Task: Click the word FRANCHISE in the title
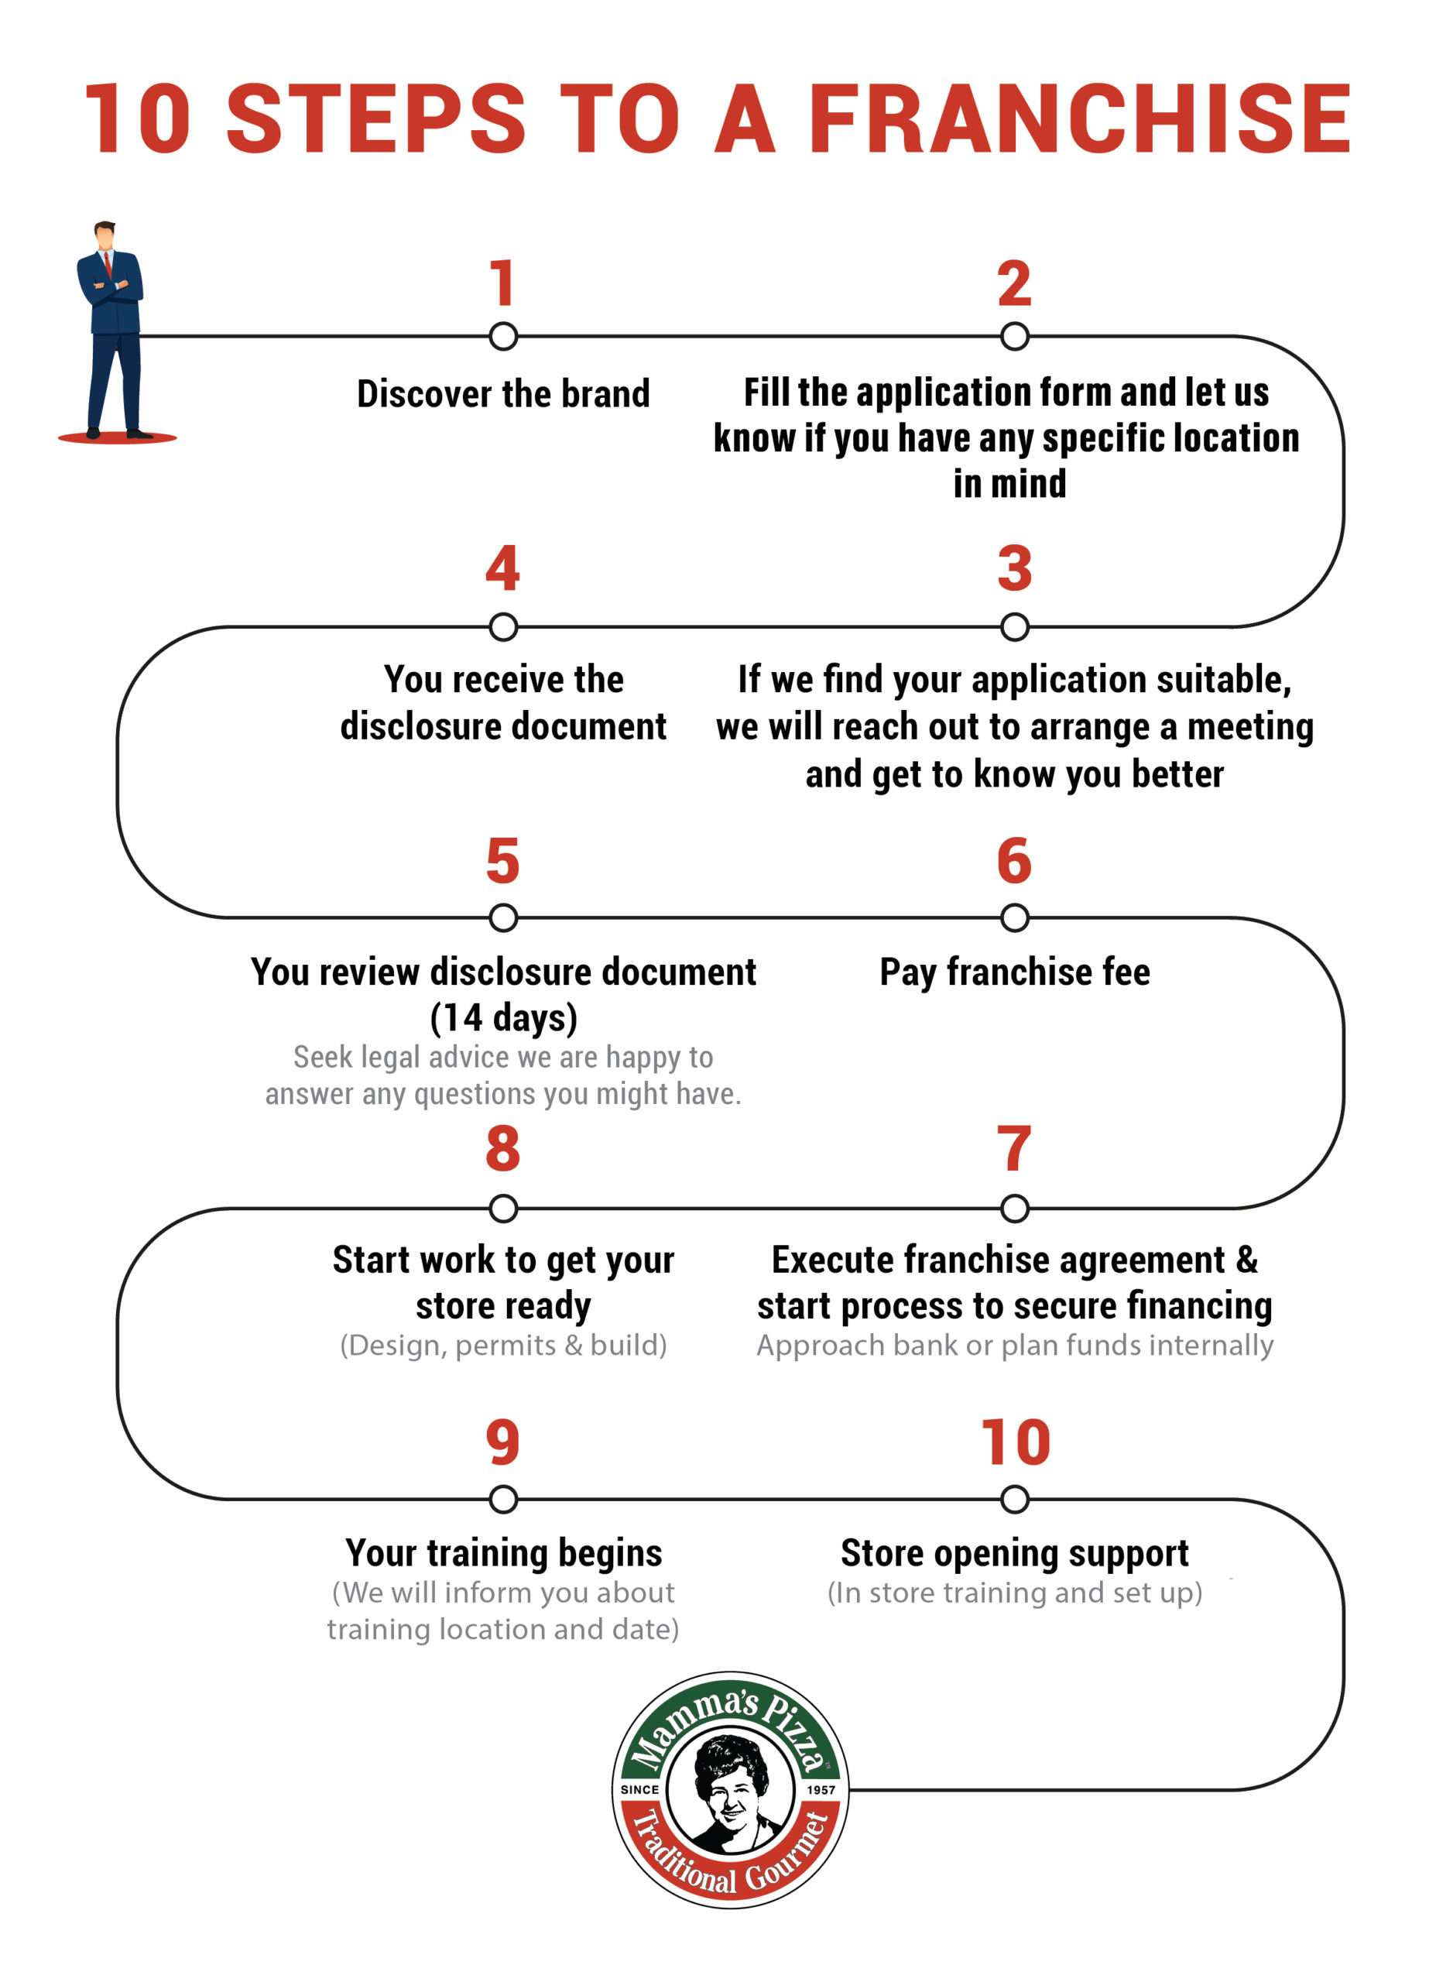point(1079,119)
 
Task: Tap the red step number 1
point(502,283)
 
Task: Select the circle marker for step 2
point(1014,337)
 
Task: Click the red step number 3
point(1014,569)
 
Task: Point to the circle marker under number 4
point(502,626)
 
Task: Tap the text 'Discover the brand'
point(503,394)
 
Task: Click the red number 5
point(502,861)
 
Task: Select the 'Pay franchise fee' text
point(1014,972)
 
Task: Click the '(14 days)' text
point(503,1017)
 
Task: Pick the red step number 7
point(1014,1149)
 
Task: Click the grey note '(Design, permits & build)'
point(503,1345)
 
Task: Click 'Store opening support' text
point(1014,1553)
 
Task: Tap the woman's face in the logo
point(732,1791)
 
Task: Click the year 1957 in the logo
point(821,1790)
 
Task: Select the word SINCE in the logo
point(639,1790)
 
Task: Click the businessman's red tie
point(108,262)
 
